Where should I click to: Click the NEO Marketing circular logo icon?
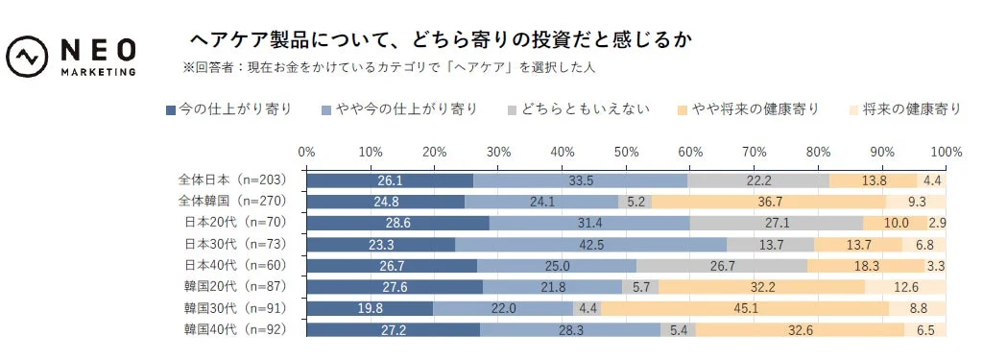coord(29,58)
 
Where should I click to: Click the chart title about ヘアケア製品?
coord(439,40)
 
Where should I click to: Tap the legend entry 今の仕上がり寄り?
coord(228,109)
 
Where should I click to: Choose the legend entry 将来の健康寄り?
coord(903,109)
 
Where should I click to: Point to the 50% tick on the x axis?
coord(626,152)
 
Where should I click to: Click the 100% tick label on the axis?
coord(946,152)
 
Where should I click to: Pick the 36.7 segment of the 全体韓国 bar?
coord(768,202)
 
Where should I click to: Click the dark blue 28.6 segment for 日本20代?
coord(397,223)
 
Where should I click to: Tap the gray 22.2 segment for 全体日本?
coord(758,180)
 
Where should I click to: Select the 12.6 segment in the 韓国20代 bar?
coord(905,287)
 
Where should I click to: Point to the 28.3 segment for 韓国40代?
coord(570,329)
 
